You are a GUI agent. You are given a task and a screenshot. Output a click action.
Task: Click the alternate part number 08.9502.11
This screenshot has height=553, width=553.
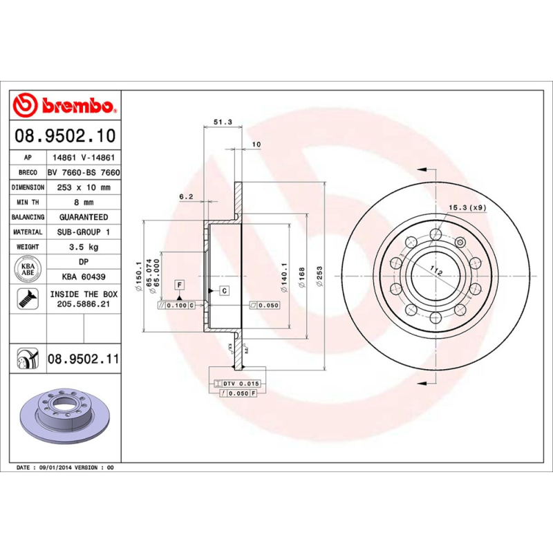coord(84,359)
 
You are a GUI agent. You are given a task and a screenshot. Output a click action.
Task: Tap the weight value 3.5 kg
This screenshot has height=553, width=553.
coord(84,247)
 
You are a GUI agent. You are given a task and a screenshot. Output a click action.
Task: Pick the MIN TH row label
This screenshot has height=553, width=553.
coord(28,203)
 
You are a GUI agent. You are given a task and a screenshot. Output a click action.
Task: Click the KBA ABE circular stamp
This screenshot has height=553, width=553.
coord(28,269)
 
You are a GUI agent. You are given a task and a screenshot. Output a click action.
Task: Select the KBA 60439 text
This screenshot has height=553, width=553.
coord(84,276)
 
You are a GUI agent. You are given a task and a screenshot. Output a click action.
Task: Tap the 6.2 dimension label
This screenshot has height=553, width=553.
coord(185,197)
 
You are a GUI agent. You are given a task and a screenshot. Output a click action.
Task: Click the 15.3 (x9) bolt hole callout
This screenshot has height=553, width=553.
coord(467,207)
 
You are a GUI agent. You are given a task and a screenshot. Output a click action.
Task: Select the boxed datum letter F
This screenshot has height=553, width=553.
coord(179,284)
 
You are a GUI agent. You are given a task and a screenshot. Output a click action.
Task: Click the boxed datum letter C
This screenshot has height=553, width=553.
coord(225,290)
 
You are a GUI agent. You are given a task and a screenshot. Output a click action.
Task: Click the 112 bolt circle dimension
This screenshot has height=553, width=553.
coord(436,270)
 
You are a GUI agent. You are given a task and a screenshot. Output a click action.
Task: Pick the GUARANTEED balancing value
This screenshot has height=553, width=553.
coord(84,217)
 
